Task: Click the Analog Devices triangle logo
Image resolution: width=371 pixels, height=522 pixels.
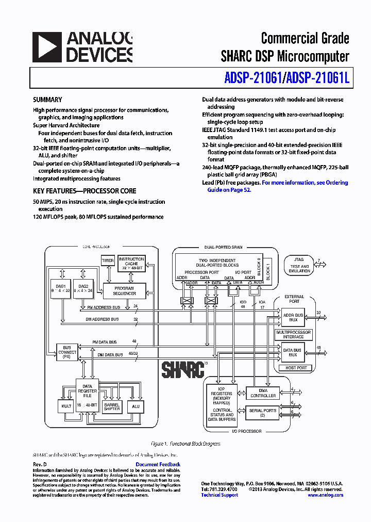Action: click(x=46, y=47)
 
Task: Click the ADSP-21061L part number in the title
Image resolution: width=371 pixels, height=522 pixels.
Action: click(x=318, y=78)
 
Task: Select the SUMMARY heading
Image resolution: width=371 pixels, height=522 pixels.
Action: click(x=47, y=100)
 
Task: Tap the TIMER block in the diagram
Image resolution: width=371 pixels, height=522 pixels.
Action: click(x=107, y=261)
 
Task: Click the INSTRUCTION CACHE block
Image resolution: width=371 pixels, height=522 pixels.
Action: click(x=131, y=264)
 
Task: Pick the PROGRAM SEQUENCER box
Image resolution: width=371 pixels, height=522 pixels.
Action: click(x=124, y=291)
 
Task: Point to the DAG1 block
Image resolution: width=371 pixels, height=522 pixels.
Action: click(x=61, y=288)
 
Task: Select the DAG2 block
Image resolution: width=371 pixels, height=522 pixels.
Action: click(x=83, y=288)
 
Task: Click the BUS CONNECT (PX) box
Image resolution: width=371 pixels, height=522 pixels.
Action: click(x=66, y=352)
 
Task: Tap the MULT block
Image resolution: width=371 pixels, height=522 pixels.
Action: click(x=66, y=406)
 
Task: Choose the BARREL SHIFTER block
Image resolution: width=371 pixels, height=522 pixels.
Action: click(x=112, y=407)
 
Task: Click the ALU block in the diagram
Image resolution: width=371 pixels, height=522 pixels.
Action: click(x=136, y=406)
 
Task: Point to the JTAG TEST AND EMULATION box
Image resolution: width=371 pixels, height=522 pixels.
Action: click(x=299, y=265)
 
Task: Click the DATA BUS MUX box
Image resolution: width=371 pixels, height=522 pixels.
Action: click(x=293, y=352)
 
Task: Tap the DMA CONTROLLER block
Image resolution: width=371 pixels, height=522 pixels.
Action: click(x=263, y=393)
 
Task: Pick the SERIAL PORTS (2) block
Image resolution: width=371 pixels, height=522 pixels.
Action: click(x=263, y=413)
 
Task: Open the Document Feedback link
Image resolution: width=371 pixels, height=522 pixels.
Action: click(x=158, y=465)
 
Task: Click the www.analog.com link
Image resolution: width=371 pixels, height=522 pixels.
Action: click(x=325, y=495)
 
